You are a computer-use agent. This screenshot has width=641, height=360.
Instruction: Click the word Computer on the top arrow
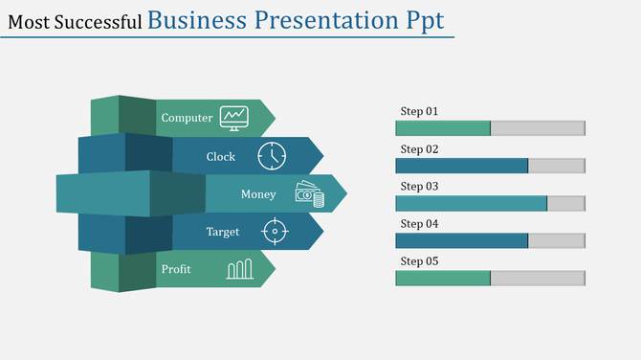[x=187, y=118]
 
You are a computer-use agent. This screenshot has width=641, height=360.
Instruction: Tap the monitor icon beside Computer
[x=233, y=117]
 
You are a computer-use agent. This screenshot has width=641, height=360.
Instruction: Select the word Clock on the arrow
[x=221, y=156]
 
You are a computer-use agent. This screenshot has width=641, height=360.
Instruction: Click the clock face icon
[x=272, y=155]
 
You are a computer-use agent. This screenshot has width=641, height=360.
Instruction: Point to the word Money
[x=258, y=194]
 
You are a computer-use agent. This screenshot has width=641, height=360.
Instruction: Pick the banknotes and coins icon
[x=309, y=194]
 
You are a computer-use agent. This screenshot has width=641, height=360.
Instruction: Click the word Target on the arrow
[x=223, y=232]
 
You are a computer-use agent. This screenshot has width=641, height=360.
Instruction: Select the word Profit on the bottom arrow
[x=176, y=269]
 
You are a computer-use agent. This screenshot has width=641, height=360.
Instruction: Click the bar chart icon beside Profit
[x=239, y=269]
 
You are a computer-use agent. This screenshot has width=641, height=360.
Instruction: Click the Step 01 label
[x=419, y=112]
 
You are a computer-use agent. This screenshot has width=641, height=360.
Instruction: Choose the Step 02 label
[x=419, y=149]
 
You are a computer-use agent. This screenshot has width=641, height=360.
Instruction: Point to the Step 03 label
[x=419, y=187]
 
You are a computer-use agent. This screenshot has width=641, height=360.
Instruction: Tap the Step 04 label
[x=419, y=224]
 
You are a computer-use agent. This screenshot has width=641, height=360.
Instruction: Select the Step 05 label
[x=419, y=261]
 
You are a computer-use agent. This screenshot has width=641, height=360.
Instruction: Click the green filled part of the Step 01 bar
[x=443, y=128]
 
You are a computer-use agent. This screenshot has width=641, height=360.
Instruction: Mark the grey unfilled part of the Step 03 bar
[x=565, y=203]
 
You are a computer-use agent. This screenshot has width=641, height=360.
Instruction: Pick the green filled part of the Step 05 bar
[x=443, y=278]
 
